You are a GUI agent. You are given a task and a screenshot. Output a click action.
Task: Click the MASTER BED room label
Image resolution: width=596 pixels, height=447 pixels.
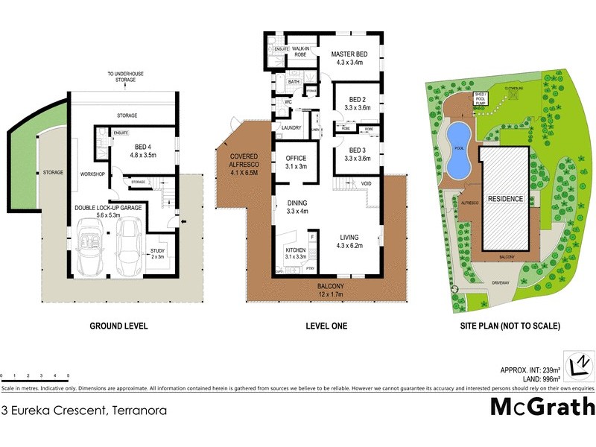coord(349,54)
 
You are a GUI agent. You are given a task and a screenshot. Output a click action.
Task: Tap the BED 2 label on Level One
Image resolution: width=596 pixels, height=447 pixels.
coord(358,99)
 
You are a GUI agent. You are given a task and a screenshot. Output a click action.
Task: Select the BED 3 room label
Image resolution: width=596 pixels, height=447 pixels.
coord(358,149)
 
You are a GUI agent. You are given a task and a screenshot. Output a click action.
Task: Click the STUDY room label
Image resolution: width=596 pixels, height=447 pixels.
coord(157,250)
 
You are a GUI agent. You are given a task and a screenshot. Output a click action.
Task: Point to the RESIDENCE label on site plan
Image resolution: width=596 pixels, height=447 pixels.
coord(505,200)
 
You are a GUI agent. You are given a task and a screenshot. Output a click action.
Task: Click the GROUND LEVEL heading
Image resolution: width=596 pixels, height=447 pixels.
coord(118,326)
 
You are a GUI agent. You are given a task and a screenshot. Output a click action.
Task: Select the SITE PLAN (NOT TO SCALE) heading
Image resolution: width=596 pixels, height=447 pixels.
coord(510,326)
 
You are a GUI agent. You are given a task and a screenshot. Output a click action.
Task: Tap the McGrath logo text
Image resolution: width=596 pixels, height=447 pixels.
coord(542,407)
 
